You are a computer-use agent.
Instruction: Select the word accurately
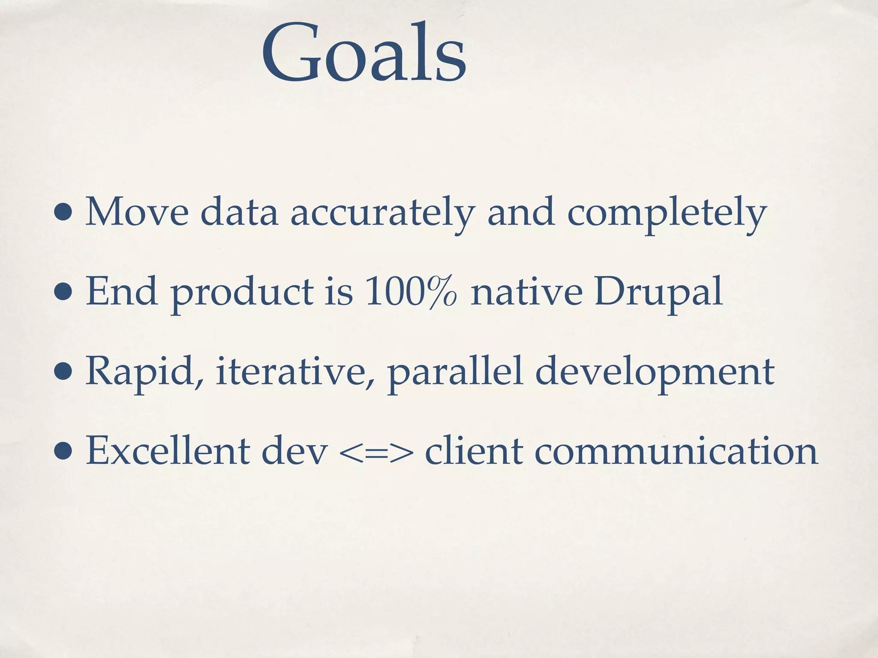382,213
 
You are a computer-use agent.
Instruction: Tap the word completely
667,213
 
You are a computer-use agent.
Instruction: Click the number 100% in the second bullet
411,292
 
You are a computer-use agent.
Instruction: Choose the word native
526,292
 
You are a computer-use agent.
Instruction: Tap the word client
474,451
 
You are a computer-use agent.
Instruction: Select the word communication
676,451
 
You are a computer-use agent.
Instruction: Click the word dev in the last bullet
294,451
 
